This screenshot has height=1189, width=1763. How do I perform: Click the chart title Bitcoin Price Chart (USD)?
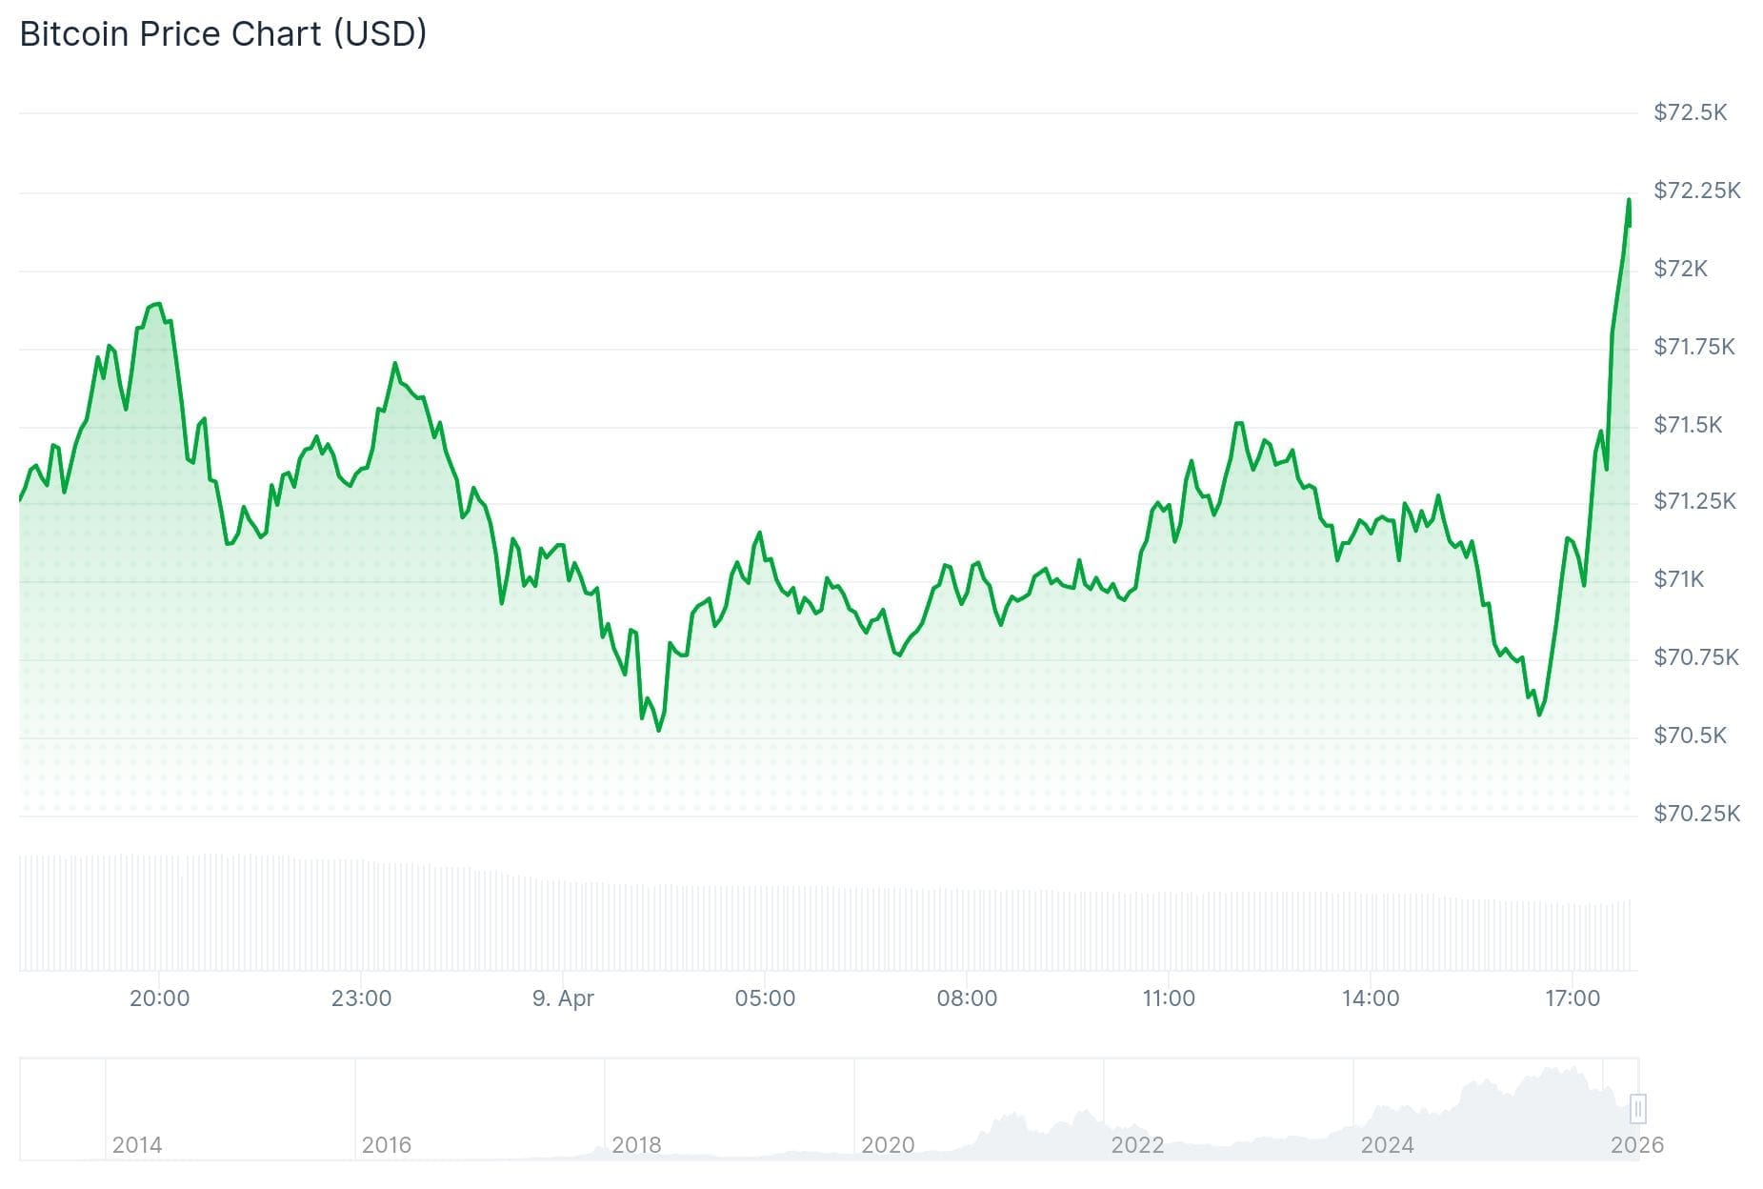[223, 34]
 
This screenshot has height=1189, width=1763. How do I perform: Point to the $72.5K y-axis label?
[1690, 112]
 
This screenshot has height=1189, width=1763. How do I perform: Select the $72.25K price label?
[1696, 191]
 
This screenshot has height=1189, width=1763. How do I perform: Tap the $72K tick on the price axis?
[1680, 269]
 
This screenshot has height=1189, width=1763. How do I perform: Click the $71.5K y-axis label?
[1688, 425]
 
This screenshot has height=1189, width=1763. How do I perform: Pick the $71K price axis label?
[1678, 579]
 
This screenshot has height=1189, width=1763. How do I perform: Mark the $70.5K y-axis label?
[1690, 736]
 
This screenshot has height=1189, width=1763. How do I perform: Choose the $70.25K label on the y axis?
[1696, 814]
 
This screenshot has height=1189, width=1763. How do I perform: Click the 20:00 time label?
[159, 998]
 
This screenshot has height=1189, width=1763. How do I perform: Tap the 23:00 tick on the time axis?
[361, 998]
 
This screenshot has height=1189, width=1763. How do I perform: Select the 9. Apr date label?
[563, 998]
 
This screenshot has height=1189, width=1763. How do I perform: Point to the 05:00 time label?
[765, 998]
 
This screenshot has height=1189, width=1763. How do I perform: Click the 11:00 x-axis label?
[1169, 998]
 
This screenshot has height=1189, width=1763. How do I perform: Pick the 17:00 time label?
[1573, 998]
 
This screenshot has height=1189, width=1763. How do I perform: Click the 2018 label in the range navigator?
[636, 1145]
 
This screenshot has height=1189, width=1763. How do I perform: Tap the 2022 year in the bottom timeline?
[1137, 1145]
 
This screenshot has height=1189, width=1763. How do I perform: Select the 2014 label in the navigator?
[137, 1145]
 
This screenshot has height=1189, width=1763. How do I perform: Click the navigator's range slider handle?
[1638, 1109]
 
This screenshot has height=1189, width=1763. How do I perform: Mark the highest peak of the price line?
[1629, 200]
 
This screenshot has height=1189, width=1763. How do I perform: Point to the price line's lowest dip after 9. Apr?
[659, 731]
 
